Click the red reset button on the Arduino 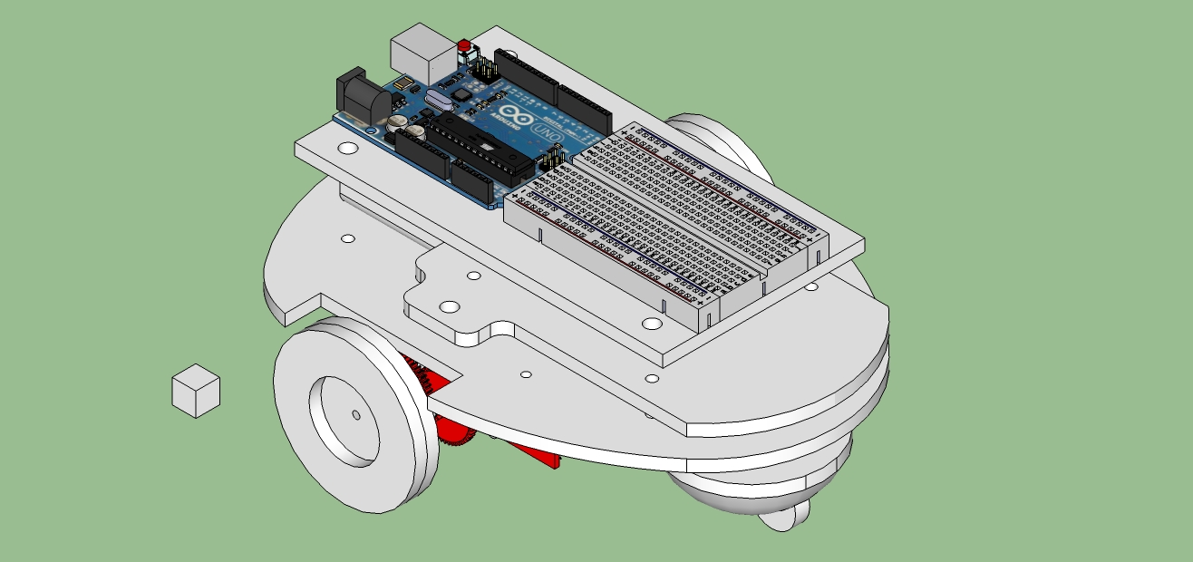pyautogui.click(x=465, y=46)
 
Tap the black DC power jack pyautogui.click(x=357, y=95)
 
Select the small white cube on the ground pyautogui.click(x=196, y=391)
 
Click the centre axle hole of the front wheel pyautogui.click(x=355, y=415)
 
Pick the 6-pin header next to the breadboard pyautogui.click(x=553, y=160)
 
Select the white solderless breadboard pyautogui.click(x=666, y=222)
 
